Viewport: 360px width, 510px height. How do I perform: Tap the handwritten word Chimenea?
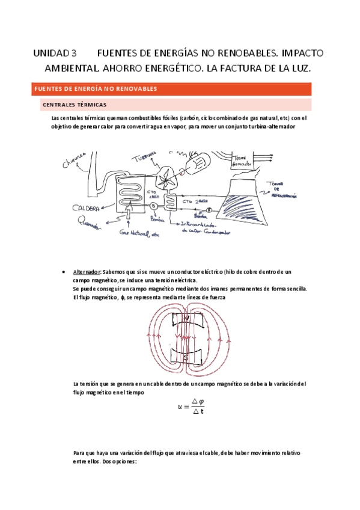click(74, 160)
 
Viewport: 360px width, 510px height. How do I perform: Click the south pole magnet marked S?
click(186, 357)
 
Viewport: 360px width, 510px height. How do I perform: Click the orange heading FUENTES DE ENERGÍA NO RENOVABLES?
click(96, 89)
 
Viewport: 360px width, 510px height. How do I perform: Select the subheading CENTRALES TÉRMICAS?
click(75, 105)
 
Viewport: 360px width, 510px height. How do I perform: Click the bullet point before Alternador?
click(64, 272)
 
